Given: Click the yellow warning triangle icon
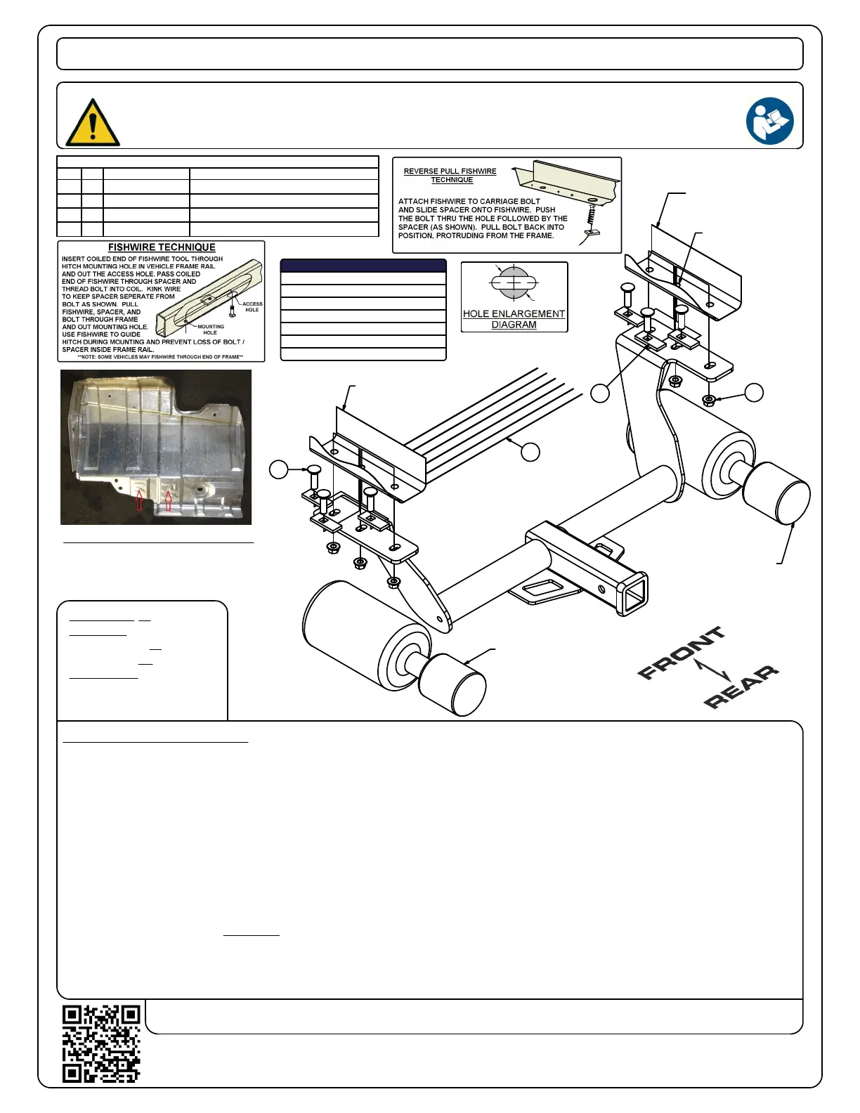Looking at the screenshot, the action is click(x=92, y=123).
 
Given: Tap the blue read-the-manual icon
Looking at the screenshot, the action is click(x=769, y=121).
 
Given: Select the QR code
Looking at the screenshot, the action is click(x=101, y=1043).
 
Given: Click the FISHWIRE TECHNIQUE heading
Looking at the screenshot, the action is click(x=162, y=247).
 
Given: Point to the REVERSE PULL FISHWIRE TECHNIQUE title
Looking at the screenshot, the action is click(x=450, y=176).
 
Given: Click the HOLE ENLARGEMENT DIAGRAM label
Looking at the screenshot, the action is click(x=514, y=319).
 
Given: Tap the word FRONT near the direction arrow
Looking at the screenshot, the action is click(x=679, y=653).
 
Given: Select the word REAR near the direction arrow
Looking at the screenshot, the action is click(x=741, y=686).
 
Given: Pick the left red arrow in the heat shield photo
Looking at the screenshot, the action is click(x=140, y=500).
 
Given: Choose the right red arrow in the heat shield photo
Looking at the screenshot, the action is click(x=168, y=500).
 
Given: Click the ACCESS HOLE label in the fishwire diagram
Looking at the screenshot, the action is click(x=252, y=307).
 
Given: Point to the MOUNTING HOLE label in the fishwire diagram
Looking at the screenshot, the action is click(x=211, y=330).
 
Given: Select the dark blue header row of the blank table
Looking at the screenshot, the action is click(x=363, y=266).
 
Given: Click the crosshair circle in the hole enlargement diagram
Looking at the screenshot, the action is click(x=514, y=282).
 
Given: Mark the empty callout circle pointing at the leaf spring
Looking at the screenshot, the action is click(x=530, y=452).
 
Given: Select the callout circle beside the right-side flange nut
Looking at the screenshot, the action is click(x=754, y=393).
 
